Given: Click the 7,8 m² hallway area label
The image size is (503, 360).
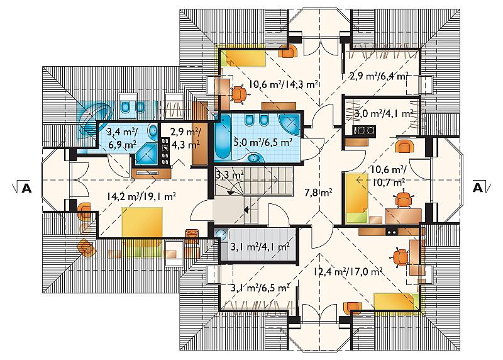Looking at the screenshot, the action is [318, 193].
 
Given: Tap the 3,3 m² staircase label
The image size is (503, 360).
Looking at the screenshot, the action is [229, 176].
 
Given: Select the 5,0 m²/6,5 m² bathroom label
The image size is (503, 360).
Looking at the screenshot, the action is [263, 142].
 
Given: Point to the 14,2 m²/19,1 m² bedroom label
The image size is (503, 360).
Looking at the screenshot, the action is [142, 196].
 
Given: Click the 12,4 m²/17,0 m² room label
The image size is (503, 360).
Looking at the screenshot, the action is [348, 272].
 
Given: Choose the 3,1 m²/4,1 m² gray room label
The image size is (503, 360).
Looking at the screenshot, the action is [260, 247].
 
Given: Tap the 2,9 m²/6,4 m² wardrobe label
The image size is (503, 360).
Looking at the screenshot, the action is [379, 76].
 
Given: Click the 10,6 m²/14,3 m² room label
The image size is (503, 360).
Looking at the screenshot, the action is [284, 84].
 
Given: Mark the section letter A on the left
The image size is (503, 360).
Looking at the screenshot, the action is [26, 188].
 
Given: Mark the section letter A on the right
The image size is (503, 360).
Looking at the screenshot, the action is [478, 188].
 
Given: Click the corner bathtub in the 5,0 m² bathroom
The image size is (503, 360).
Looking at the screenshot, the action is [290, 124].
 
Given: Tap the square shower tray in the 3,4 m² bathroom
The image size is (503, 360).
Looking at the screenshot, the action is [146, 154].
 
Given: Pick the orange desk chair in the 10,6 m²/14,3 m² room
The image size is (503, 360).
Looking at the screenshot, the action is [240, 94].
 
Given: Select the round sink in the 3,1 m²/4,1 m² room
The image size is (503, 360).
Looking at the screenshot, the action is [221, 234].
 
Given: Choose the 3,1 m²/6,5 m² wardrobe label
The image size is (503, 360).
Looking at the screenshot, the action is [260, 288].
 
